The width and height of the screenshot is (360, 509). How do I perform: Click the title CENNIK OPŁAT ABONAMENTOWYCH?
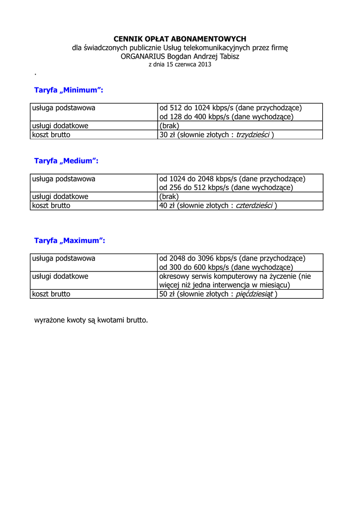click(x=180, y=39)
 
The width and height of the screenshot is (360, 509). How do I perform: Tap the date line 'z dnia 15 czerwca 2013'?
click(x=180, y=65)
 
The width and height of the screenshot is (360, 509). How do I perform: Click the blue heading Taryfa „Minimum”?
click(x=68, y=90)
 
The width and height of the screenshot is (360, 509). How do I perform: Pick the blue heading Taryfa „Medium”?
click(x=66, y=161)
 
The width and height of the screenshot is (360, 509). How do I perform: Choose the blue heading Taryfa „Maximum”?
click(x=70, y=241)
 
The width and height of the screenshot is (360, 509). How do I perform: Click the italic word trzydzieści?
click(x=253, y=135)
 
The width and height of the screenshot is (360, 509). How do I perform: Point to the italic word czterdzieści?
click(x=254, y=206)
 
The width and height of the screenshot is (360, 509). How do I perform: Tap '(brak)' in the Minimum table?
click(x=169, y=126)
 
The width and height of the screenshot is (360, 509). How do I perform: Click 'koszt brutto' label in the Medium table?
click(x=51, y=206)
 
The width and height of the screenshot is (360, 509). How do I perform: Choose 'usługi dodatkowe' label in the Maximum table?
click(x=60, y=276)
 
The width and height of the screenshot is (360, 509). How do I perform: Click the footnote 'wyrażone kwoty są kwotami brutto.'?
click(x=91, y=320)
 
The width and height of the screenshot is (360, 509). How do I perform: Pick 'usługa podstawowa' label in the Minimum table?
click(x=64, y=108)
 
